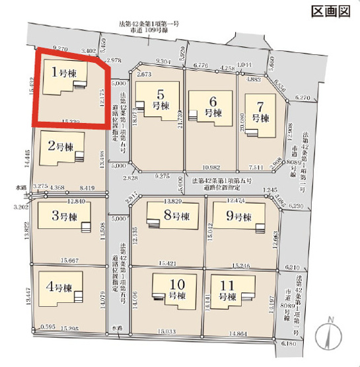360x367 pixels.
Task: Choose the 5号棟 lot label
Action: pyautogui.click(x=158, y=99)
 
